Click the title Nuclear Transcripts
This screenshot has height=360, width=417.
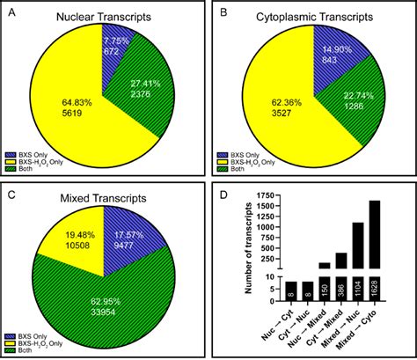(105, 17)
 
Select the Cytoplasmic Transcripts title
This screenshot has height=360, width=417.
(312, 17)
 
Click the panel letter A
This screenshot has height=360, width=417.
(9, 10)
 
